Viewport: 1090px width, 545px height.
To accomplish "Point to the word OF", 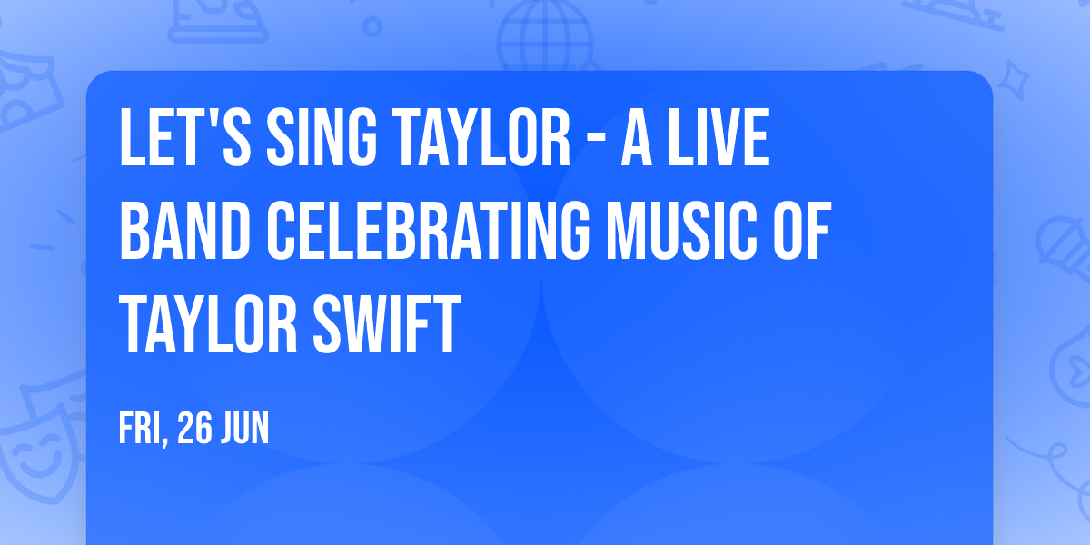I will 800,233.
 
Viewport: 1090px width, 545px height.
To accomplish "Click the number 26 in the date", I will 194,428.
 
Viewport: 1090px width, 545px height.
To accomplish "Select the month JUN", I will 245,428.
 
